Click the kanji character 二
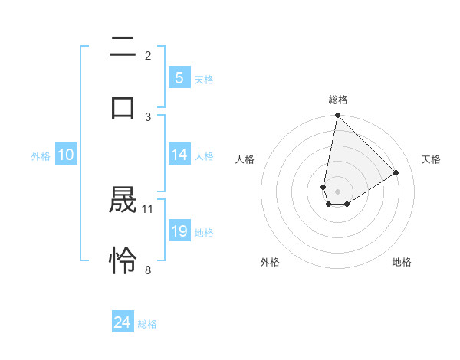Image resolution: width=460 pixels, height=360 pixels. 123,47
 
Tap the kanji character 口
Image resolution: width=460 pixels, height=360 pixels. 123,107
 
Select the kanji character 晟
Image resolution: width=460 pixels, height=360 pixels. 123,201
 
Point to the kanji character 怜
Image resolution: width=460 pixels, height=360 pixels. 123,260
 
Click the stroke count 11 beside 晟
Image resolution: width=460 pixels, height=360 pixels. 148,208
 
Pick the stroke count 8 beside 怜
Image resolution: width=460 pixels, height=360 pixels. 148,269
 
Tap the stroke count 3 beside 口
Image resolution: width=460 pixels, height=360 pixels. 148,116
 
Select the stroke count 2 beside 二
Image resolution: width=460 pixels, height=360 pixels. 148,56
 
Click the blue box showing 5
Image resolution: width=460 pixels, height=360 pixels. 179,77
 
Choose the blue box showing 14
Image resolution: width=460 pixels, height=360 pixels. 179,155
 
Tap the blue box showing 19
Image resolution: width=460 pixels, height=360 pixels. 179,231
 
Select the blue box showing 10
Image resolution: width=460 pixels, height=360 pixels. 65,155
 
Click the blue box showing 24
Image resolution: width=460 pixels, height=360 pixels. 122,322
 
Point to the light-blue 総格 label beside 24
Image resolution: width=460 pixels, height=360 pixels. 147,324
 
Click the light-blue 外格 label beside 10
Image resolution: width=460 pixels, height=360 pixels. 41,155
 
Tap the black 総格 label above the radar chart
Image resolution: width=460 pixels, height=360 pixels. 337,100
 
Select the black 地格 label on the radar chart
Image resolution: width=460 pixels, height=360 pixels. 402,262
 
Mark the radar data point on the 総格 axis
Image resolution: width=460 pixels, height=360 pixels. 337,116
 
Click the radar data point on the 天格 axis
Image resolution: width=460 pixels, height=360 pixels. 396,172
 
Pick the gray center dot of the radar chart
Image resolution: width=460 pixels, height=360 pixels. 337,191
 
